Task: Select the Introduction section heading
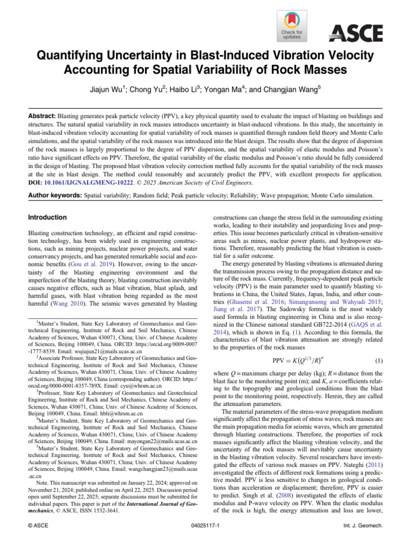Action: click(48, 218)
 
